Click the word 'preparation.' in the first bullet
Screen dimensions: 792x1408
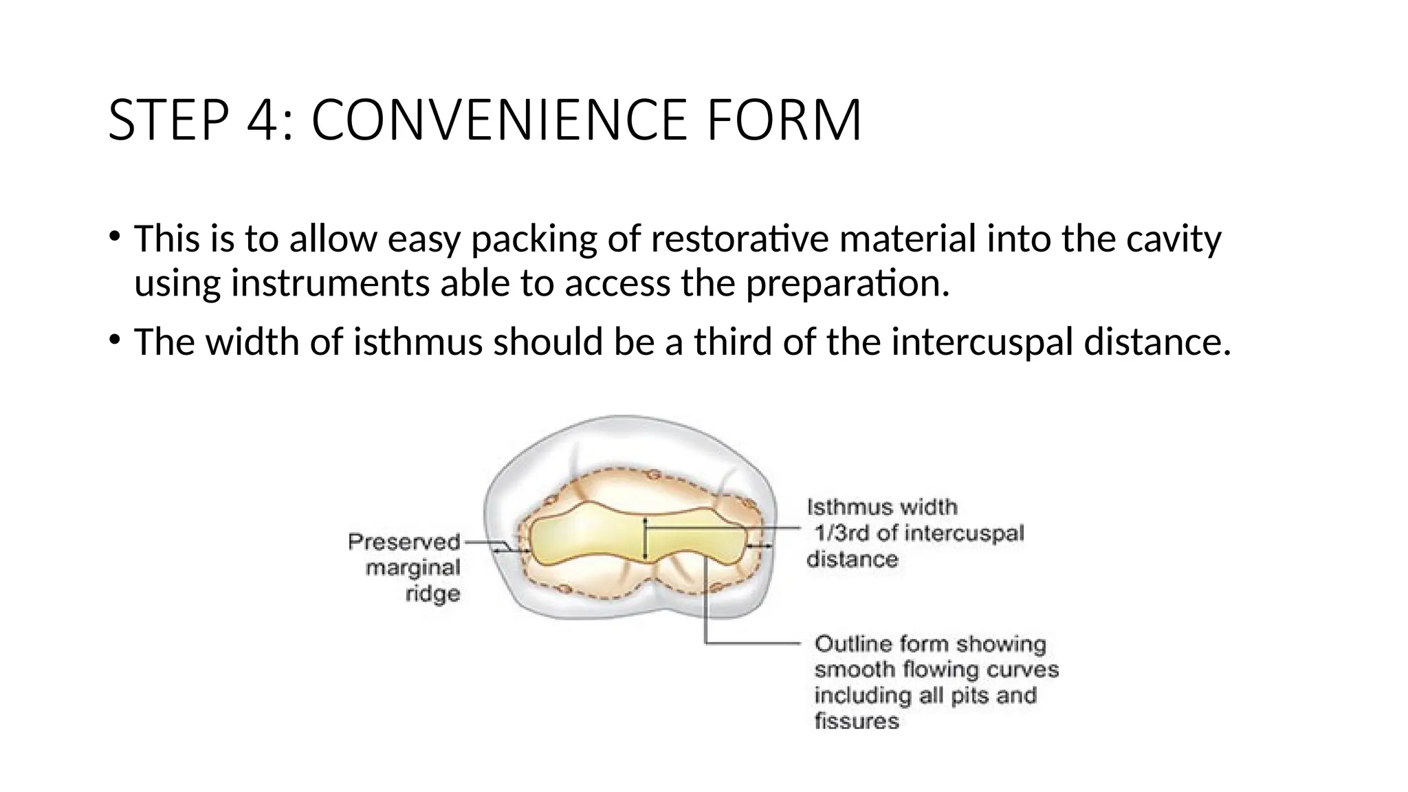click(x=848, y=283)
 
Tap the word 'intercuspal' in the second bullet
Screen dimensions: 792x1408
click(x=982, y=342)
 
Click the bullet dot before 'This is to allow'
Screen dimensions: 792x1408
click(x=114, y=237)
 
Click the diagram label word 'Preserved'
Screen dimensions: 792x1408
click(x=404, y=542)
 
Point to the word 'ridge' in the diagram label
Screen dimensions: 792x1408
click(x=432, y=593)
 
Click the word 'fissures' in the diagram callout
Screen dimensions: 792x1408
click(x=857, y=721)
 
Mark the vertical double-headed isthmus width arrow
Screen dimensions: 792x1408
click(x=645, y=540)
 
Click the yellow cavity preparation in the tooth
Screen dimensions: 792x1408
click(x=591, y=540)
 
